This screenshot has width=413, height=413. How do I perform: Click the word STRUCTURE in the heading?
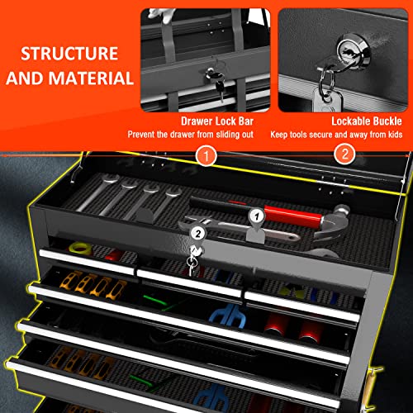[x=69, y=54]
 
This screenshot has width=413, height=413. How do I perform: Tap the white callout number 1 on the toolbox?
[x=257, y=216]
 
